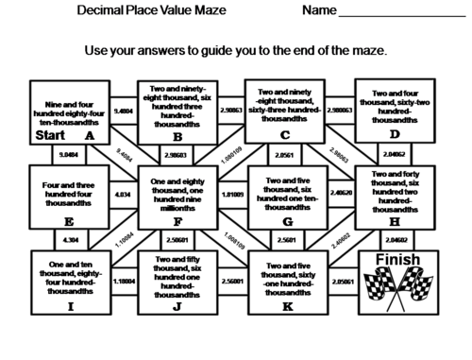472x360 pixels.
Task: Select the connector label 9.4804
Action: point(123,111)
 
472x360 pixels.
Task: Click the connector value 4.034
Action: point(123,196)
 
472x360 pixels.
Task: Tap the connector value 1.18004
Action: point(123,281)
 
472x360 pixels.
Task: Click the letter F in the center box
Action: point(177,221)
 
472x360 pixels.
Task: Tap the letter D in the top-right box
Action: point(393,135)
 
